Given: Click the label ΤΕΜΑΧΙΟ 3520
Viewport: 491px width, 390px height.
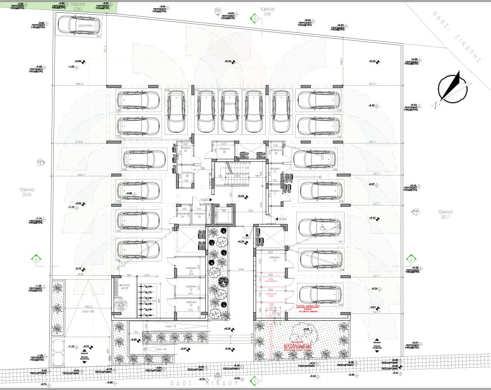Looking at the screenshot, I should (26, 192).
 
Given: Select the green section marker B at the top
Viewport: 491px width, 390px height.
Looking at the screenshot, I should (254, 18).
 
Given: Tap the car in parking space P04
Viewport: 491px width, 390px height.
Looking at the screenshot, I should (141, 159).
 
